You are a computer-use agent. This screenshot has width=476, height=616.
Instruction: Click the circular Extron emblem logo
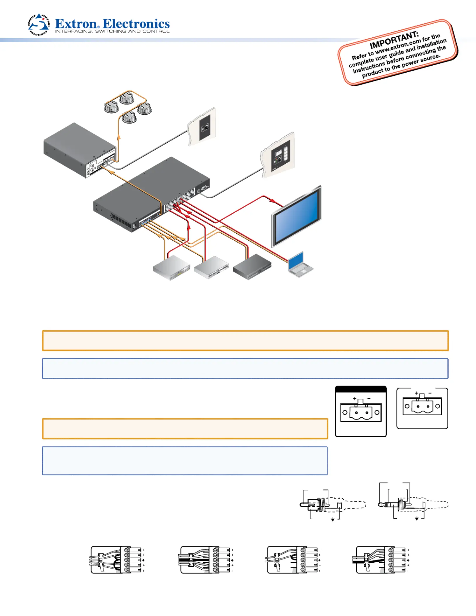pyautogui.click(x=39, y=24)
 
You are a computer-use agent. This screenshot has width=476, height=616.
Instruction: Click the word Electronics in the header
pyautogui.click(x=136, y=24)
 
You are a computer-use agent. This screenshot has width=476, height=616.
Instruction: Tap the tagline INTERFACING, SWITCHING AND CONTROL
pyautogui.click(x=112, y=32)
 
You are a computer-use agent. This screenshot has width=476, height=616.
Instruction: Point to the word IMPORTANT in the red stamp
pyautogui.click(x=394, y=40)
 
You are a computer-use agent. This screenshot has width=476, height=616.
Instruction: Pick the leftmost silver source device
pyautogui.click(x=171, y=268)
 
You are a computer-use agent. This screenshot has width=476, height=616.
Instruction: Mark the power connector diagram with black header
pyautogui.click(x=361, y=411)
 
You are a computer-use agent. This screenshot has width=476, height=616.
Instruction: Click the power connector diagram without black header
pyautogui.click(x=422, y=408)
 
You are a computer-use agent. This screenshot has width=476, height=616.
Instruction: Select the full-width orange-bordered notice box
pyautogui.click(x=245, y=340)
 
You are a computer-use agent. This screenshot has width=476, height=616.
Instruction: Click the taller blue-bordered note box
pyautogui.click(x=185, y=461)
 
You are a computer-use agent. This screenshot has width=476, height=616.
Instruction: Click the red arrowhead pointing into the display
pyautogui.click(x=273, y=201)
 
